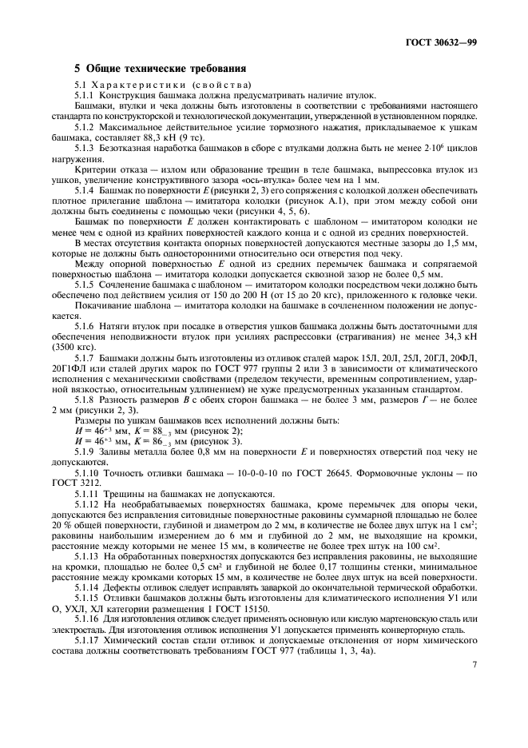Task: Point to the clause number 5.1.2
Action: [x=86, y=127]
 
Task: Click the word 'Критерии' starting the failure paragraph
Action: [x=93, y=169]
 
